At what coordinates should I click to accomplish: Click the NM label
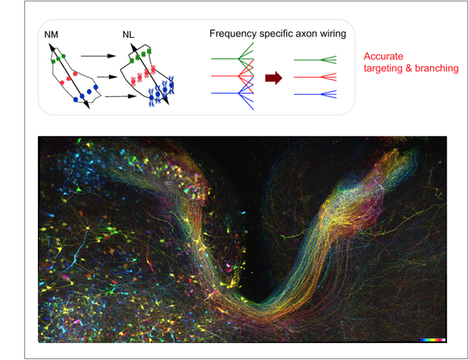pyautogui.click(x=51, y=35)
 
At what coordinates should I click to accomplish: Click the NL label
pyautogui.click(x=129, y=35)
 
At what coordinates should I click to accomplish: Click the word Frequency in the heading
pyautogui.click(x=233, y=34)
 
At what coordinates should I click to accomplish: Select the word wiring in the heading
pyautogui.click(x=333, y=34)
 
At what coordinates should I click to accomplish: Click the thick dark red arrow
pyautogui.click(x=273, y=78)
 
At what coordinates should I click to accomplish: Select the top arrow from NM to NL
pyautogui.click(x=98, y=56)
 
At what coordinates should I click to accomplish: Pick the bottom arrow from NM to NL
pyautogui.click(x=120, y=96)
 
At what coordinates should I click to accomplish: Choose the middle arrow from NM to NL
pyautogui.click(x=107, y=77)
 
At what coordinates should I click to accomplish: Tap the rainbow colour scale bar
pyautogui.click(x=432, y=340)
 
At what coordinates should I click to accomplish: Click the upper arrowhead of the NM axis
pyautogui.click(x=51, y=46)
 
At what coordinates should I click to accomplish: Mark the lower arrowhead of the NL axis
pyautogui.click(x=167, y=102)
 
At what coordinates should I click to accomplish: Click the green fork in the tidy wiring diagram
pyautogui.click(x=315, y=60)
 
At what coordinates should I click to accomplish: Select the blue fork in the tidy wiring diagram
pyautogui.click(x=315, y=95)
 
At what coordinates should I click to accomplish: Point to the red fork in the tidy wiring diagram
pyautogui.click(x=315, y=77)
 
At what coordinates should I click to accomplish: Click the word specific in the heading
pyautogui.click(x=277, y=34)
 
